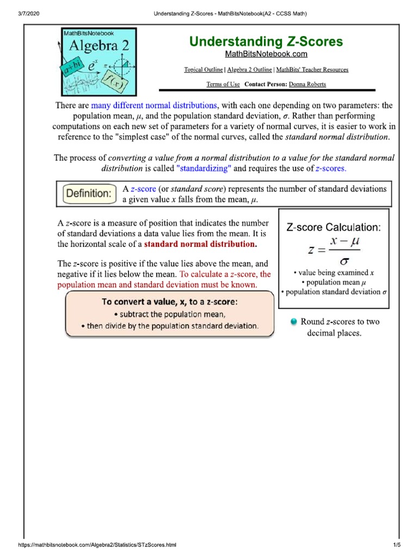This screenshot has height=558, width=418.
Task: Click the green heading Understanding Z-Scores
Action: [x=266, y=41]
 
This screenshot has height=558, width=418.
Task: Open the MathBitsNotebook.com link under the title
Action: [x=266, y=54]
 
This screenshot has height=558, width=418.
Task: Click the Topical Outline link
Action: [x=204, y=70]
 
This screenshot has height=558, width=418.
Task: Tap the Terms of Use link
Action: [x=223, y=84]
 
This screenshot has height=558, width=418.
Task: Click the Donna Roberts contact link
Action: [x=307, y=84]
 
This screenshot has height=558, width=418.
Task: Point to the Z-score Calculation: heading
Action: [x=334, y=228]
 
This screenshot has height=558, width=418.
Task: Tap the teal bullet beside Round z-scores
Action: [x=293, y=322]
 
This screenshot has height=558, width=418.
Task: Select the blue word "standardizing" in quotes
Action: [x=204, y=168]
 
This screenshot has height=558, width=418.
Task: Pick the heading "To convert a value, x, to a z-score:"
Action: [x=169, y=301]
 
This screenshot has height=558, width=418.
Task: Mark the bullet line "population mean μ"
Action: [x=333, y=282]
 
